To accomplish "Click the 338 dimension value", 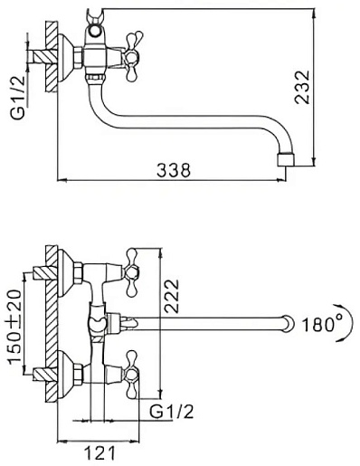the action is (x=174, y=170).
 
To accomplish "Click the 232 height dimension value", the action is (x=302, y=88).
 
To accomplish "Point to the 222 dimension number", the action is (x=172, y=296).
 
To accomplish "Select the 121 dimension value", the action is (x=99, y=453).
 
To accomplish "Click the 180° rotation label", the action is (x=322, y=325).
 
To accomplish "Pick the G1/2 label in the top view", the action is (x=18, y=97).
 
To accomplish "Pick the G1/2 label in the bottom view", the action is (x=172, y=411).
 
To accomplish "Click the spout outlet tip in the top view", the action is (x=286, y=160).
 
